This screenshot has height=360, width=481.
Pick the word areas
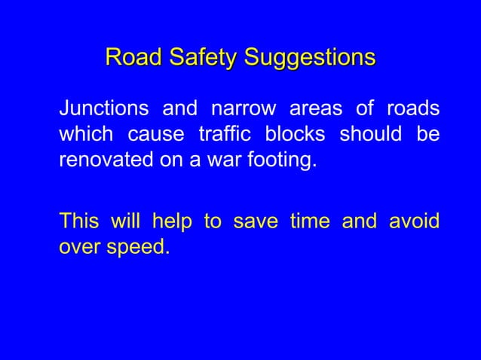click(317, 108)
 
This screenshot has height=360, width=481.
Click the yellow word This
click(79, 221)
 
